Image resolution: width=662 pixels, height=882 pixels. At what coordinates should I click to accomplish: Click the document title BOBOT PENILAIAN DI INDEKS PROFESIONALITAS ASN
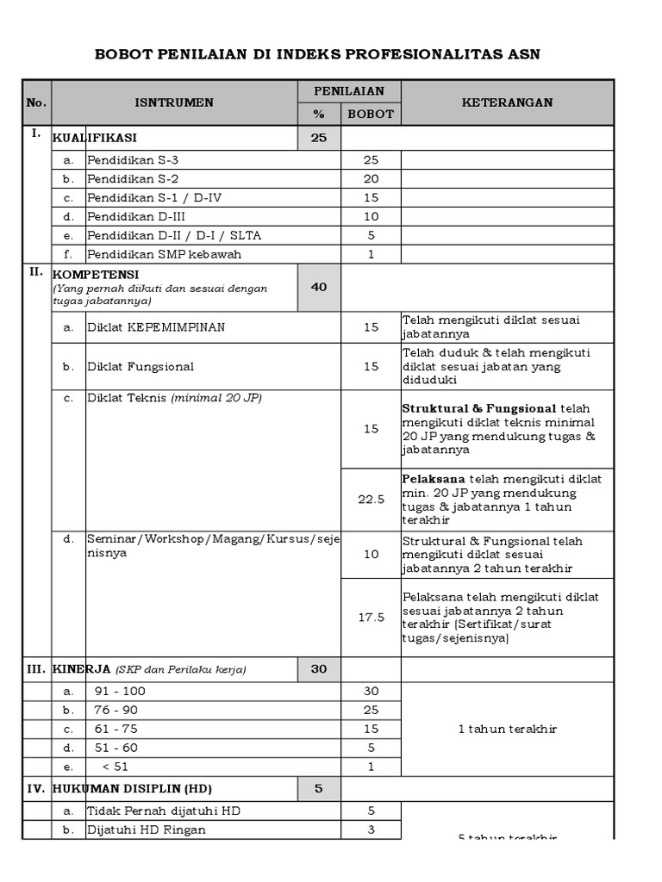click(x=330, y=54)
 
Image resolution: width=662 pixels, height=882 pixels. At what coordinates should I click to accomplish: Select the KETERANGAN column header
click(x=507, y=102)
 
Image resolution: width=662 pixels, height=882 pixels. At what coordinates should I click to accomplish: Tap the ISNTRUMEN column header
click(x=174, y=102)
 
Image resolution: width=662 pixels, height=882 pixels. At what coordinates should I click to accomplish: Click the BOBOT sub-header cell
click(x=371, y=114)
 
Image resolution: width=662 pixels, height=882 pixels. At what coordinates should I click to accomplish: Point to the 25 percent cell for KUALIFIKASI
click(x=319, y=138)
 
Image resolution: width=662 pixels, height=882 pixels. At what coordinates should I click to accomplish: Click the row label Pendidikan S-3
click(x=133, y=160)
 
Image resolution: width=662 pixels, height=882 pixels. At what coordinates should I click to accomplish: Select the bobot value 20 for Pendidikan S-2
click(x=371, y=179)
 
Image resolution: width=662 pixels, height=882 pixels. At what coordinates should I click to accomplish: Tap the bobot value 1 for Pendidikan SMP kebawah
click(x=371, y=254)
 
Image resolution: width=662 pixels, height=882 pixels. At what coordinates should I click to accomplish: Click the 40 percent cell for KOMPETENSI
click(x=319, y=287)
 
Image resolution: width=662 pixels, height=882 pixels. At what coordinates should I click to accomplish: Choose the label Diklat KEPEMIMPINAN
click(x=155, y=327)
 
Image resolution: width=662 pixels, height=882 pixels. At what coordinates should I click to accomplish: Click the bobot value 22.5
click(x=371, y=500)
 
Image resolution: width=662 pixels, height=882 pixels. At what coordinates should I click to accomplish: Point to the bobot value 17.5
click(x=371, y=617)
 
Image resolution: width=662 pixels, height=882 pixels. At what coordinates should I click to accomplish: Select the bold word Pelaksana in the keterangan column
click(x=432, y=479)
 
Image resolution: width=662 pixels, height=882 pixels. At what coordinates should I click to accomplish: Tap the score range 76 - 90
click(x=115, y=710)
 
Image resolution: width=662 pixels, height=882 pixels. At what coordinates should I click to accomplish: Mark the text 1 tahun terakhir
click(x=507, y=729)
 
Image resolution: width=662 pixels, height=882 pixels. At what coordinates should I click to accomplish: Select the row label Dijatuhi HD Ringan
click(x=147, y=830)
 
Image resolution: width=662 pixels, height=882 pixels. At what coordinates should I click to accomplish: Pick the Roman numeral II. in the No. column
click(x=36, y=271)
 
